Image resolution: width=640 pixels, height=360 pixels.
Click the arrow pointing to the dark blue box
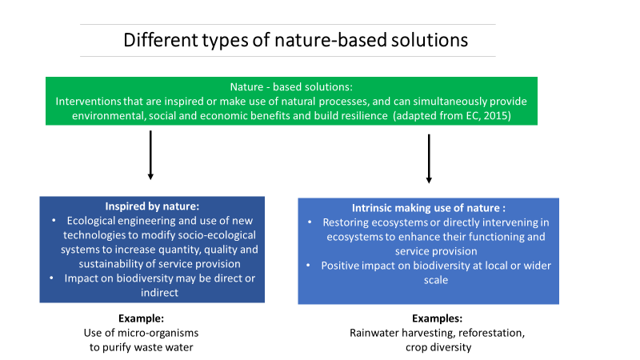tap(150, 156)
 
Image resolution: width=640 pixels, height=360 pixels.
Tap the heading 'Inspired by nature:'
tap(152, 206)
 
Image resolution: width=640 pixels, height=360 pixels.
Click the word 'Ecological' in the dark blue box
tap(92, 220)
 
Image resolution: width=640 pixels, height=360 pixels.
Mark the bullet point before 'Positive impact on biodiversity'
tap(312, 266)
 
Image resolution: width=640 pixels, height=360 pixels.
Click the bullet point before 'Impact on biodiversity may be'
tap(53, 278)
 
